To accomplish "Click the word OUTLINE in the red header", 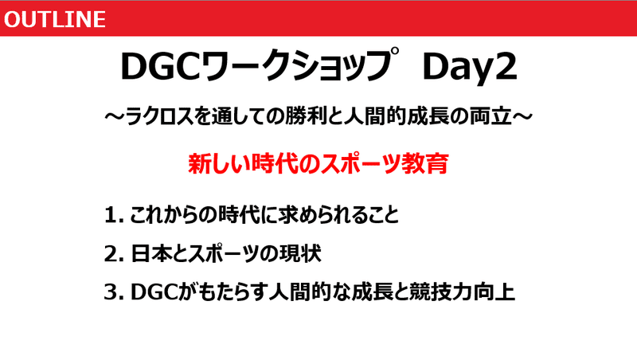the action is click(55, 19).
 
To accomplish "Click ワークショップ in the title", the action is click(300, 65).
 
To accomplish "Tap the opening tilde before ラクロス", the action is click(114, 117).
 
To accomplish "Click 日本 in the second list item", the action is click(150, 253).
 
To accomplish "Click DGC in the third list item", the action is click(154, 292).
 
